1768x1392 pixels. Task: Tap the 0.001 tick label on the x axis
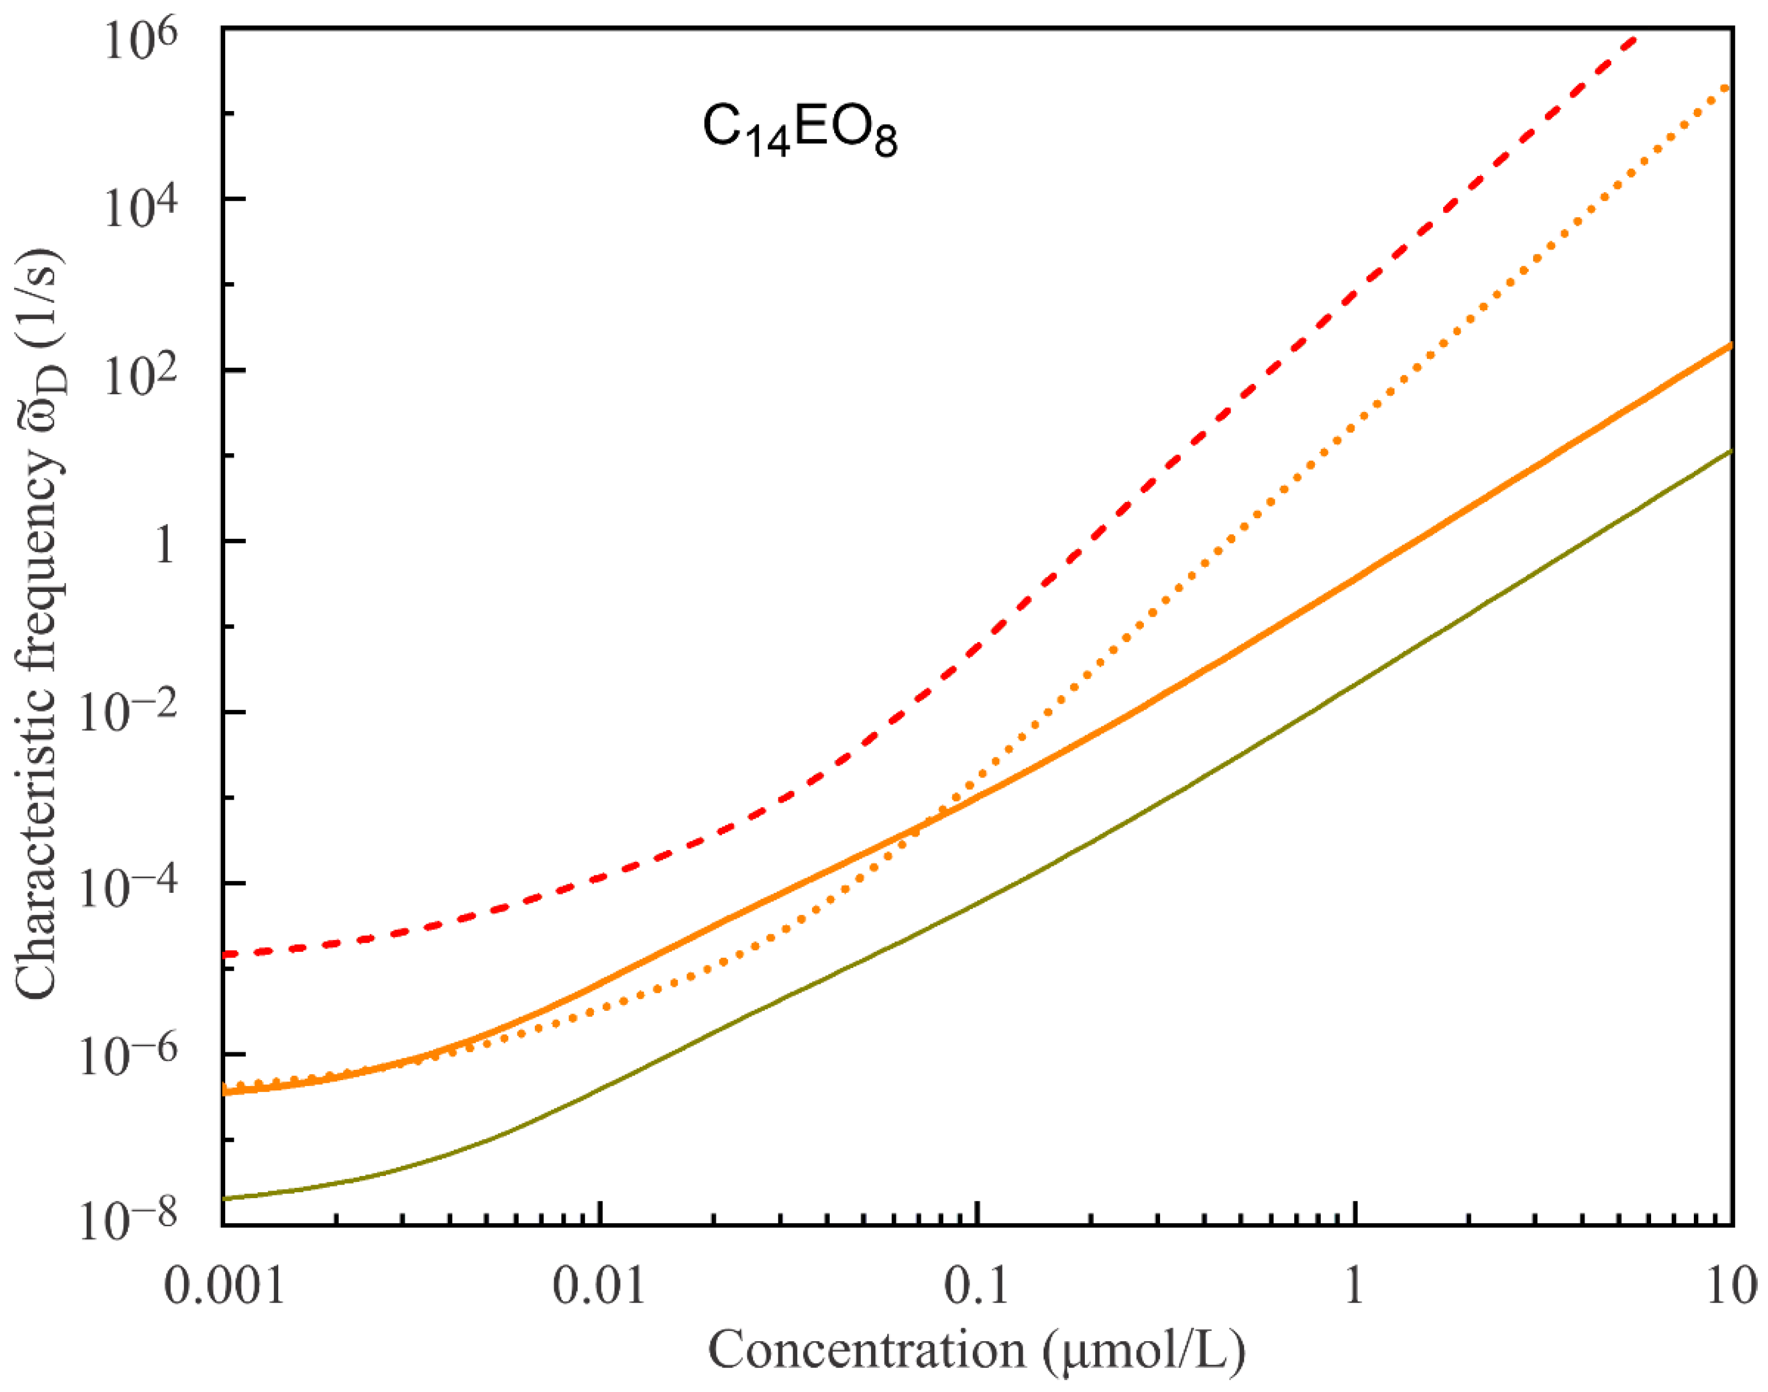[x=225, y=1287]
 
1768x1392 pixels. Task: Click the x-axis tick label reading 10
[x=1732, y=1287]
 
